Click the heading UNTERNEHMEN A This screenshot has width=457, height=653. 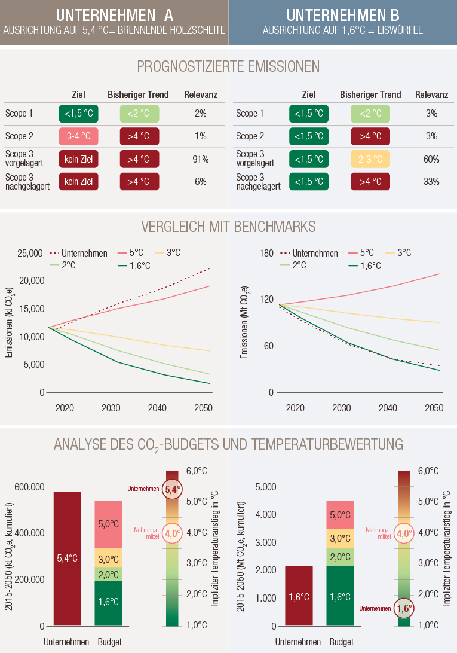[x=115, y=15]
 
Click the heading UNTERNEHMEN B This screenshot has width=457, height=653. [x=342, y=15]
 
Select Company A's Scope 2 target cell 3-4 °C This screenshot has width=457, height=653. [x=79, y=136]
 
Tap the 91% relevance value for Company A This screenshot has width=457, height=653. [x=200, y=159]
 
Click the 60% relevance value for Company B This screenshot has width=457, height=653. [x=431, y=159]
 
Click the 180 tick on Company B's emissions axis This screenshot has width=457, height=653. [x=266, y=253]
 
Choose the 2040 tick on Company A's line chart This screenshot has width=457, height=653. [x=157, y=408]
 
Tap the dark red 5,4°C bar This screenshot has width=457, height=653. [x=67, y=559]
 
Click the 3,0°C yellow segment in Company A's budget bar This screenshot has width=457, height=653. [x=108, y=559]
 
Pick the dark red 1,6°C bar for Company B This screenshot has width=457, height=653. [x=299, y=596]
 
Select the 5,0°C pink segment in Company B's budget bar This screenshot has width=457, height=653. [x=340, y=515]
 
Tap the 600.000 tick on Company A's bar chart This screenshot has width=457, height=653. [x=29, y=487]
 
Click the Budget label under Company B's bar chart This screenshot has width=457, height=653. [x=341, y=642]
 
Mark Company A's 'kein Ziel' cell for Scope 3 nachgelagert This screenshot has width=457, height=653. [x=79, y=181]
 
